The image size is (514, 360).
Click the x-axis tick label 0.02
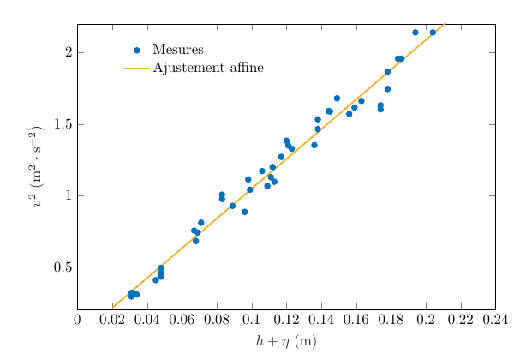(x=112, y=320)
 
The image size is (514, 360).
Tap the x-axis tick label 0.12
(x=286, y=320)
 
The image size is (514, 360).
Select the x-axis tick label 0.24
(x=495, y=320)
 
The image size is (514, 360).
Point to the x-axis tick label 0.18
(x=391, y=320)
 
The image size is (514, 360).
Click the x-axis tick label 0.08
(x=217, y=320)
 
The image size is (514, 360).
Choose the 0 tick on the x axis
(x=77, y=320)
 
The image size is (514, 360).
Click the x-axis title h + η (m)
(x=286, y=341)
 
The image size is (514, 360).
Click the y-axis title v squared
(x=36, y=168)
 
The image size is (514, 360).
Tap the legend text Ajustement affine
(x=208, y=68)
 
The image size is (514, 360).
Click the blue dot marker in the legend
(x=136, y=50)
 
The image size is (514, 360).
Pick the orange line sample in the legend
(x=136, y=68)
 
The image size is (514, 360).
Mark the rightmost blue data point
(x=433, y=33)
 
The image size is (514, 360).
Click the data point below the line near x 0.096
(x=244, y=212)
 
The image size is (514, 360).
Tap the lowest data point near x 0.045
(x=156, y=280)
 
